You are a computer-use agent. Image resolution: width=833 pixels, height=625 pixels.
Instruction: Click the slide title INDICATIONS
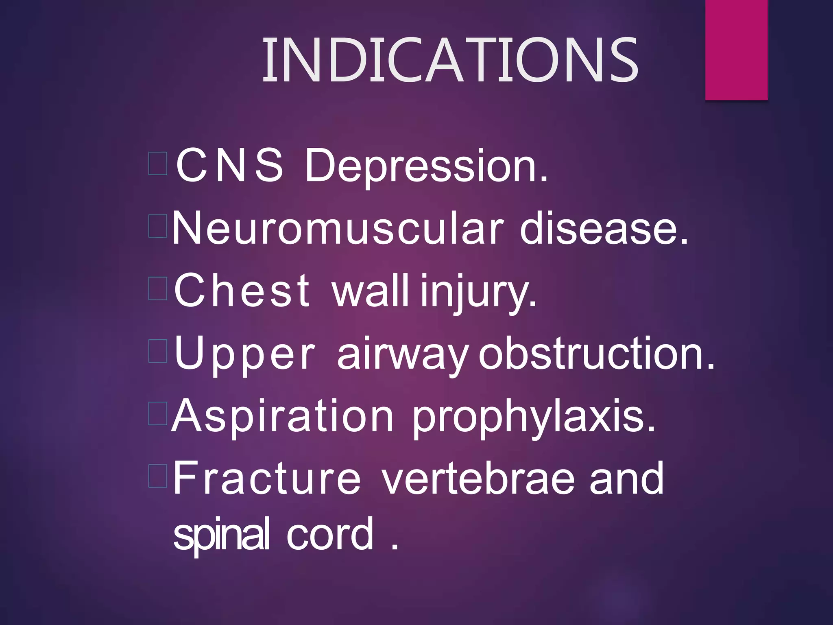tap(450, 60)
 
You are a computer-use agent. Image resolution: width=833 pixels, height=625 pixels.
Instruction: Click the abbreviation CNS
tap(229, 165)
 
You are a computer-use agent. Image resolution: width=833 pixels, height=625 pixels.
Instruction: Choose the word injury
tap(478, 291)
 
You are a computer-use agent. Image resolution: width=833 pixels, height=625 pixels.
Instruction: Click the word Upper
tap(244, 354)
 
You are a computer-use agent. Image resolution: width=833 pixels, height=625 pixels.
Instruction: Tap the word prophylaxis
tap(534, 417)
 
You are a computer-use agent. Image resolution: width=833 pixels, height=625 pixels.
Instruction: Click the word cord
tap(330, 533)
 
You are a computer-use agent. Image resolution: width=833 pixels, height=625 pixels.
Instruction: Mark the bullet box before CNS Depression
tap(158, 164)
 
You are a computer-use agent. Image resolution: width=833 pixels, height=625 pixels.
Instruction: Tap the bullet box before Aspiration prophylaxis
tap(158, 413)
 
